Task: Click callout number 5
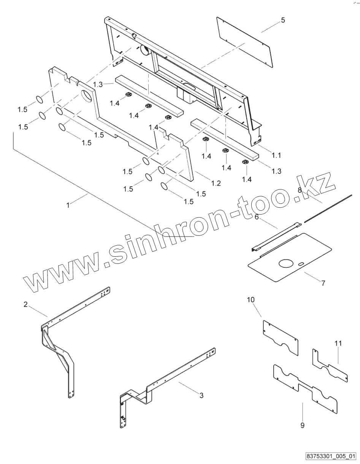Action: (x=283, y=20)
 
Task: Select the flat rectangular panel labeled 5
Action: (x=243, y=41)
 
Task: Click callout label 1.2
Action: (x=216, y=183)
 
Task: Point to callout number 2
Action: (x=25, y=304)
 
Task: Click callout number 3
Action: (x=201, y=396)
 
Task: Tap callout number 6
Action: (x=257, y=217)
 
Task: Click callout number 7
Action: (x=323, y=283)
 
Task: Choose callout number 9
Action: (x=302, y=426)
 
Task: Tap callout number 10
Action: (x=251, y=300)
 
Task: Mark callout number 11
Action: (x=338, y=343)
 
